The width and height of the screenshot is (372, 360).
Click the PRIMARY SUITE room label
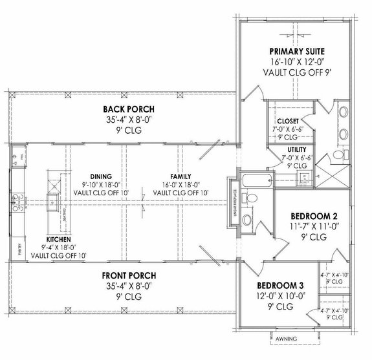click(x=296, y=51)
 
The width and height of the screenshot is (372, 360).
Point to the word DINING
click(x=102, y=176)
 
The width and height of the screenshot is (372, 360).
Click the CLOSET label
click(x=288, y=121)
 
